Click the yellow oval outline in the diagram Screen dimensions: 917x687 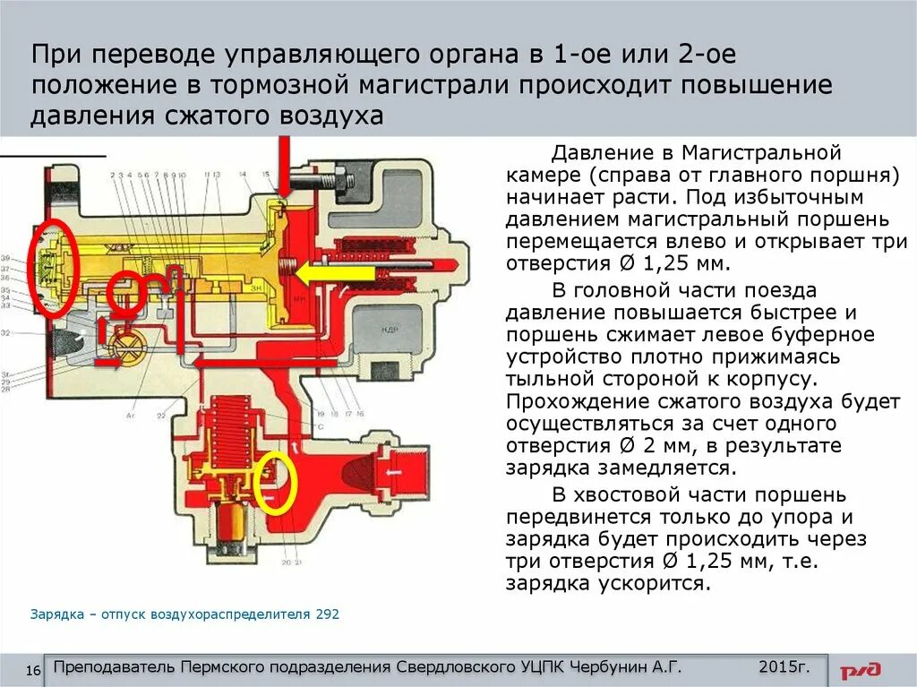coord(275,485)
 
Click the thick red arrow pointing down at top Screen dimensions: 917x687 coord(285,166)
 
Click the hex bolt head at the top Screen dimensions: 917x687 coord(347,179)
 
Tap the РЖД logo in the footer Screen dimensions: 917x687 coord(861,669)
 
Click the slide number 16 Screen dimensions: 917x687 coord(35,671)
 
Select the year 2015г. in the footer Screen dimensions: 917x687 coord(784,667)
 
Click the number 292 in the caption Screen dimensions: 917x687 coord(327,614)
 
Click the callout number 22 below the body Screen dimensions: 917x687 coord(162,416)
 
